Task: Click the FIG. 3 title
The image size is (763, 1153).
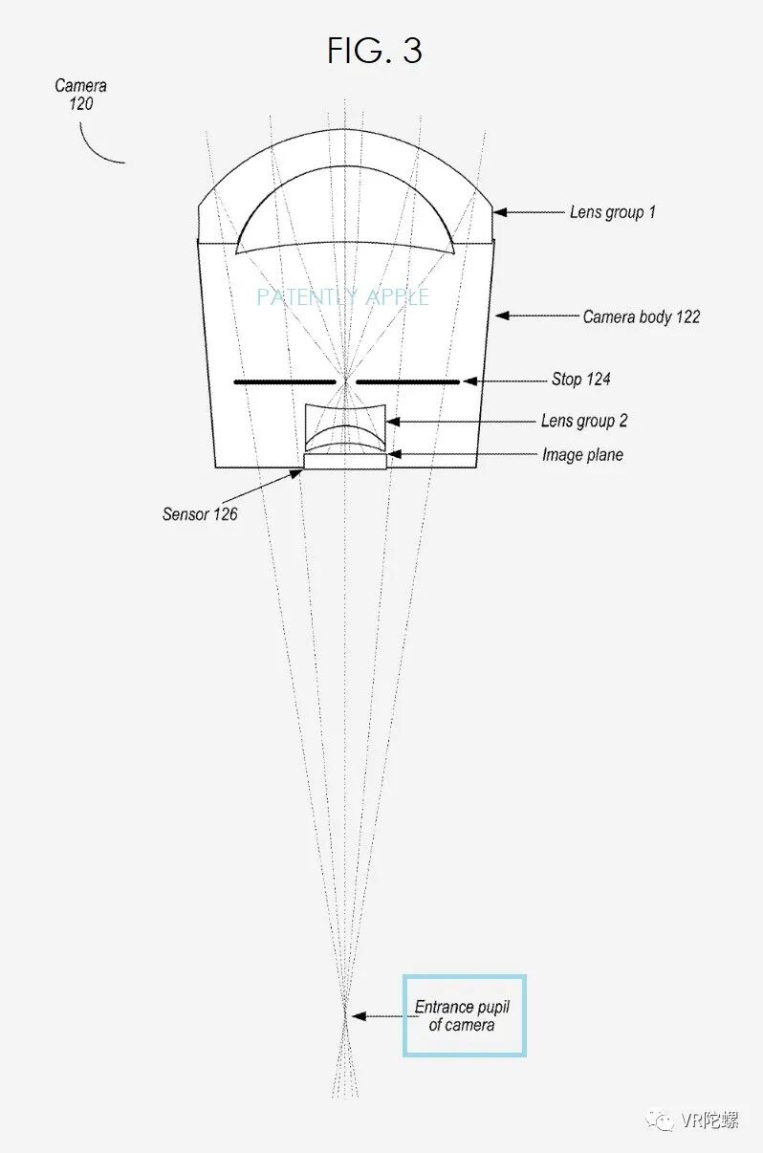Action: (x=374, y=51)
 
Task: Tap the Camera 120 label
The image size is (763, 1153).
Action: (x=80, y=95)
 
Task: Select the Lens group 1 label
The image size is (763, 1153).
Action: (x=613, y=212)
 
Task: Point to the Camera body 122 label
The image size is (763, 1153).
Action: (x=642, y=316)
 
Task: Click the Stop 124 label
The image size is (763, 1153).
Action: (x=580, y=380)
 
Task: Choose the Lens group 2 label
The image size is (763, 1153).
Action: (x=584, y=421)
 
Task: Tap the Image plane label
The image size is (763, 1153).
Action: (x=582, y=455)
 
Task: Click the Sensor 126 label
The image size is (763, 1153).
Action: (x=200, y=514)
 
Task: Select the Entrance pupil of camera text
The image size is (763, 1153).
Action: (x=463, y=1016)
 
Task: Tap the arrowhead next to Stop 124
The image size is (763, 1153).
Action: (x=469, y=381)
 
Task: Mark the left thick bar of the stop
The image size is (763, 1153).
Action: (x=285, y=381)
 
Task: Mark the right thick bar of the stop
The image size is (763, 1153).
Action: (x=407, y=381)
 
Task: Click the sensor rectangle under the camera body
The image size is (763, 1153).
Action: (x=345, y=461)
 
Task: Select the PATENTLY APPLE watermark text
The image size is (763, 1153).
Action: (x=342, y=297)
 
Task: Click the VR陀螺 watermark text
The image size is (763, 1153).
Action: (x=709, y=1120)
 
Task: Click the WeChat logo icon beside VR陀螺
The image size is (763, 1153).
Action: (x=660, y=1120)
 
